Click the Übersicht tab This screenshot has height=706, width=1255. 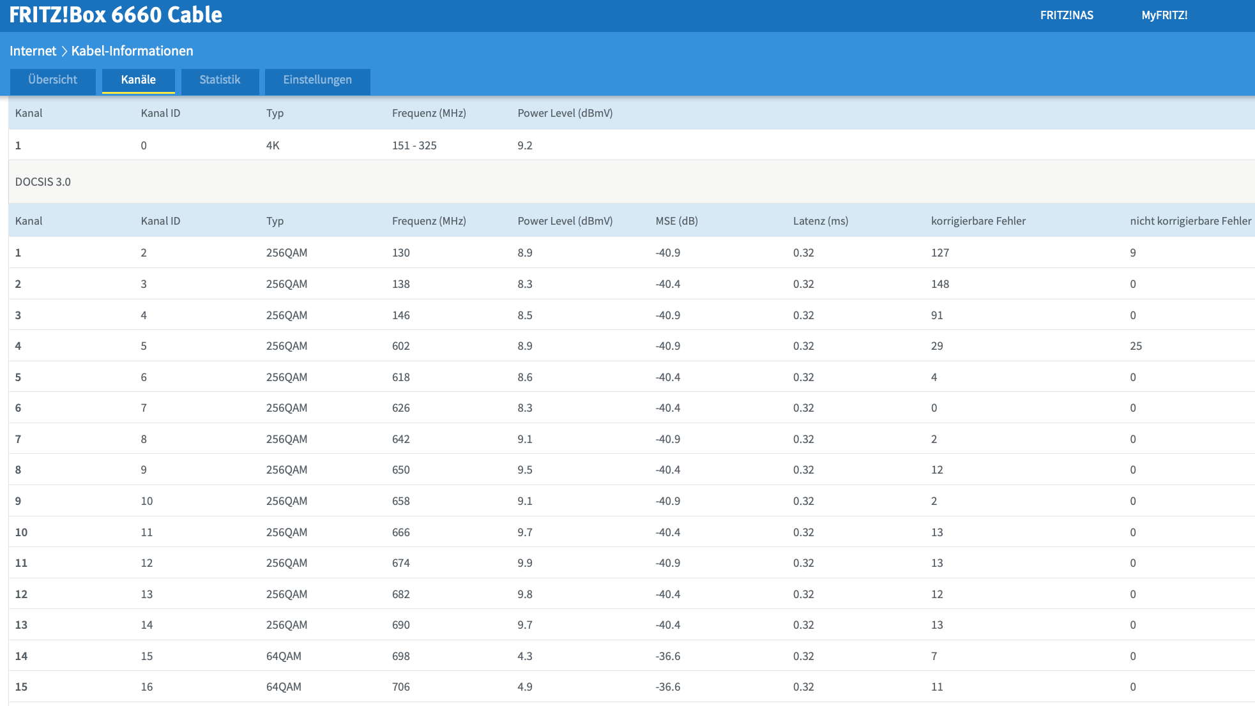coord(52,80)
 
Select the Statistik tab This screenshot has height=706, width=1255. coord(220,80)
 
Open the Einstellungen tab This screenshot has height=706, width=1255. coord(317,80)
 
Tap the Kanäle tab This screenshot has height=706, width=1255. coord(139,80)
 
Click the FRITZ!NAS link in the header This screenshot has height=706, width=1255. coord(1067,15)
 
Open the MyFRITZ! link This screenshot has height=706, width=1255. coord(1164,15)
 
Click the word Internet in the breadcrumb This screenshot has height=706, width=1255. coord(33,51)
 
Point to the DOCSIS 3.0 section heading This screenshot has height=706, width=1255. coord(43,182)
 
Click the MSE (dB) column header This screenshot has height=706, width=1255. coord(676,221)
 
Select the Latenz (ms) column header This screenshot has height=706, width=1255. coord(821,221)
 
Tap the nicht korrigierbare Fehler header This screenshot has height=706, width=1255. coord(1190,221)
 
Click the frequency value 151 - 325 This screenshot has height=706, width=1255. coord(415,146)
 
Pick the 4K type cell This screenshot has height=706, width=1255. coord(273,146)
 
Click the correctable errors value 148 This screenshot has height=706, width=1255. coord(940,284)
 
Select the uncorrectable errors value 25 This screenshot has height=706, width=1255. coord(1136,346)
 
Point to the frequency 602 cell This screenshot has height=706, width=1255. coord(401,346)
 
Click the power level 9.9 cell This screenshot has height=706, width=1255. coord(525,563)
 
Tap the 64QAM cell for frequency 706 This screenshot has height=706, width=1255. coord(284,687)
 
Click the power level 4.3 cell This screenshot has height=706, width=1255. coord(525,656)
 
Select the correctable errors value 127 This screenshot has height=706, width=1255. coord(940,253)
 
